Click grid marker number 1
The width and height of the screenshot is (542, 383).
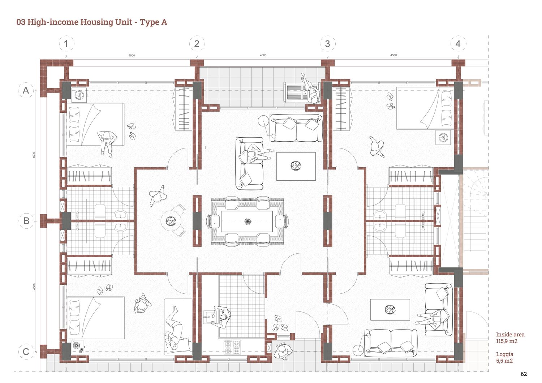[66, 44]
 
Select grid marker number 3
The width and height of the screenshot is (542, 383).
[327, 44]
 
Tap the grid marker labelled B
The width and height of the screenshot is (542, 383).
[26, 221]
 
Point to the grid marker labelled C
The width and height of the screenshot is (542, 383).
[26, 351]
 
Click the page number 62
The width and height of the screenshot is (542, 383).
[524, 374]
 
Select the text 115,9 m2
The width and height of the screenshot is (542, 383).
[507, 341]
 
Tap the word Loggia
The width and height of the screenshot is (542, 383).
[504, 354]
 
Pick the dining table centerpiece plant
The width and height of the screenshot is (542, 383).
[247, 221]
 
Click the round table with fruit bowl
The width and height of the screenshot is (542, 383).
[171, 221]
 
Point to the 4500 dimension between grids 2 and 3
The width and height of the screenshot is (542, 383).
[263, 55]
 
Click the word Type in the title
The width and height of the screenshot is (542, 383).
[149, 22]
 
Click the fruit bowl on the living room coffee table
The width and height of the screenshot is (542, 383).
[296, 166]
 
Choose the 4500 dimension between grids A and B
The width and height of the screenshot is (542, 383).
[34, 155]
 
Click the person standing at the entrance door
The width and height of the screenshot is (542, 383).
[283, 351]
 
